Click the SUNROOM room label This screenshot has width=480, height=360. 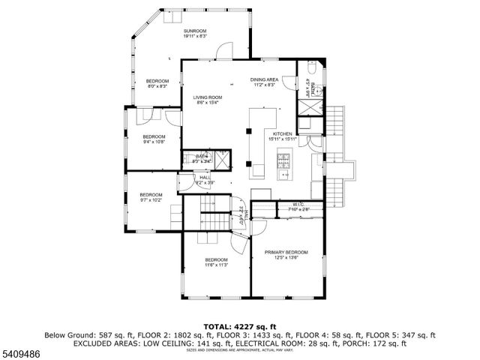pyautogui.click(x=195, y=31)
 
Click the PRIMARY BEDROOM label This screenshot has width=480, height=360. pyautogui.click(x=286, y=252)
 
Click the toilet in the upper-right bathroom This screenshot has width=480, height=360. pyautogui.click(x=312, y=69)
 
